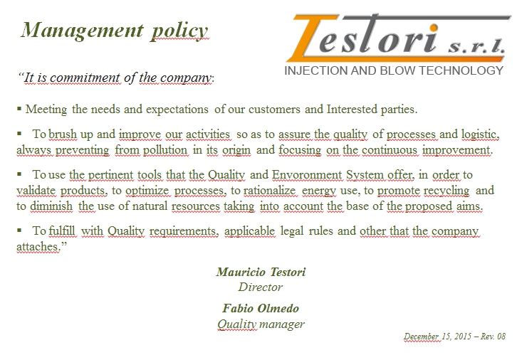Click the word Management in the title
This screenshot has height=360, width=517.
pyautogui.click(x=82, y=31)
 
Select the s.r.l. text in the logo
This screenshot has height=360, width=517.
pyautogui.click(x=476, y=46)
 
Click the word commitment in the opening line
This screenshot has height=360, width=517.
pyautogui.click(x=85, y=78)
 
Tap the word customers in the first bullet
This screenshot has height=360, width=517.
pyautogui.click(x=274, y=109)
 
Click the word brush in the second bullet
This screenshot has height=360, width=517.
pyautogui.click(x=63, y=134)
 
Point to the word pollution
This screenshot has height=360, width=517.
pyautogui.click(x=165, y=150)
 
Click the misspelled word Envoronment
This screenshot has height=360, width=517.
pyautogui.click(x=307, y=174)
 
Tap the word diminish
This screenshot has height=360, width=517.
pyautogui.click(x=51, y=206)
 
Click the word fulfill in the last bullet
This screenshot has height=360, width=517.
pyautogui.click(x=62, y=231)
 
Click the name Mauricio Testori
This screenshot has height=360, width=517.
pyautogui.click(x=261, y=272)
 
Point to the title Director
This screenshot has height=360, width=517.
pyautogui.click(x=261, y=287)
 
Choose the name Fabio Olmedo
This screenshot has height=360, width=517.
pyautogui.click(x=261, y=308)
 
